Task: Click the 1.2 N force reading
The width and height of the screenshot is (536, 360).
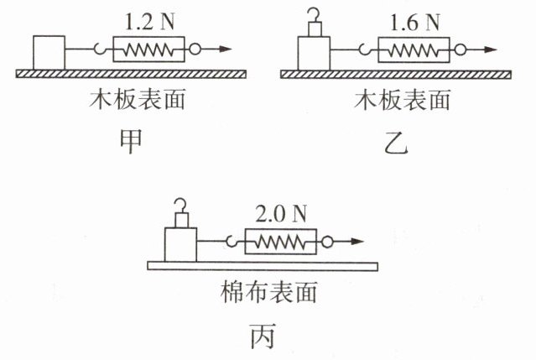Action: (x=149, y=22)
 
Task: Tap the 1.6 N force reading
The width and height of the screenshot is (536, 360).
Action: (x=414, y=23)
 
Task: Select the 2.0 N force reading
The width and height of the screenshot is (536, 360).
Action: (x=281, y=214)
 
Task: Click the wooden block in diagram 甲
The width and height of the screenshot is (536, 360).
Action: (x=49, y=53)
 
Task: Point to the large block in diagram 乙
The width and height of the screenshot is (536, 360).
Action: (x=315, y=54)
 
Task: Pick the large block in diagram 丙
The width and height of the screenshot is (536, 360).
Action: (x=180, y=245)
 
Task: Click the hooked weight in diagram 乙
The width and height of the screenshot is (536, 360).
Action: (x=315, y=23)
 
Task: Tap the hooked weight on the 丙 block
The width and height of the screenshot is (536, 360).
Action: (x=181, y=214)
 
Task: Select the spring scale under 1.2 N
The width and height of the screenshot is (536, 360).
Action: (x=149, y=50)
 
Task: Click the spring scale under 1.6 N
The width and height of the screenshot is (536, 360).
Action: (x=414, y=50)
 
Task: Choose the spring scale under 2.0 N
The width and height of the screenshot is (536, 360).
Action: (x=281, y=242)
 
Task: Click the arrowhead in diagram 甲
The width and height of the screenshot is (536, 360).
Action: (x=226, y=49)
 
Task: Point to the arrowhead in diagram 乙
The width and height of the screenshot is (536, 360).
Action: (x=491, y=50)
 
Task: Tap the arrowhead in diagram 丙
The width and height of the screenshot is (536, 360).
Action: (x=357, y=242)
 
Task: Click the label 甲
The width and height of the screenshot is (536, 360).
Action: (x=131, y=142)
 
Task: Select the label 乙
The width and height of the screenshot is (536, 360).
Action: (x=396, y=143)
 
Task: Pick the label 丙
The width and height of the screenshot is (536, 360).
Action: (x=263, y=336)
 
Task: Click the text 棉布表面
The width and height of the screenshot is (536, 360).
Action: (x=268, y=292)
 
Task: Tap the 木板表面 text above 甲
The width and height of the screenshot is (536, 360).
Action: (x=138, y=100)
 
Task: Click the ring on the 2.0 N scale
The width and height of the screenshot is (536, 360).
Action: (x=327, y=242)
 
